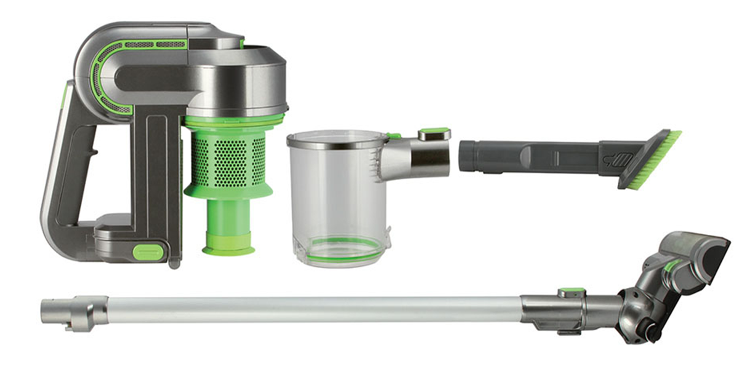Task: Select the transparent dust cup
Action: pos(336,197)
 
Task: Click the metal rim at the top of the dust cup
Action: pos(336,141)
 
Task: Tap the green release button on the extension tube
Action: pos(571,293)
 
